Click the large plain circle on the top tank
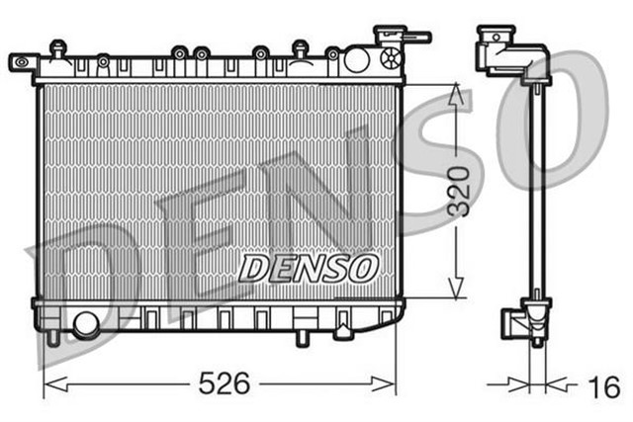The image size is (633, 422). pyautogui.click(x=357, y=58)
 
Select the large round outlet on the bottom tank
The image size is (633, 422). pyautogui.click(x=86, y=322)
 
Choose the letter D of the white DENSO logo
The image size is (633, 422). pyautogui.click(x=253, y=267)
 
